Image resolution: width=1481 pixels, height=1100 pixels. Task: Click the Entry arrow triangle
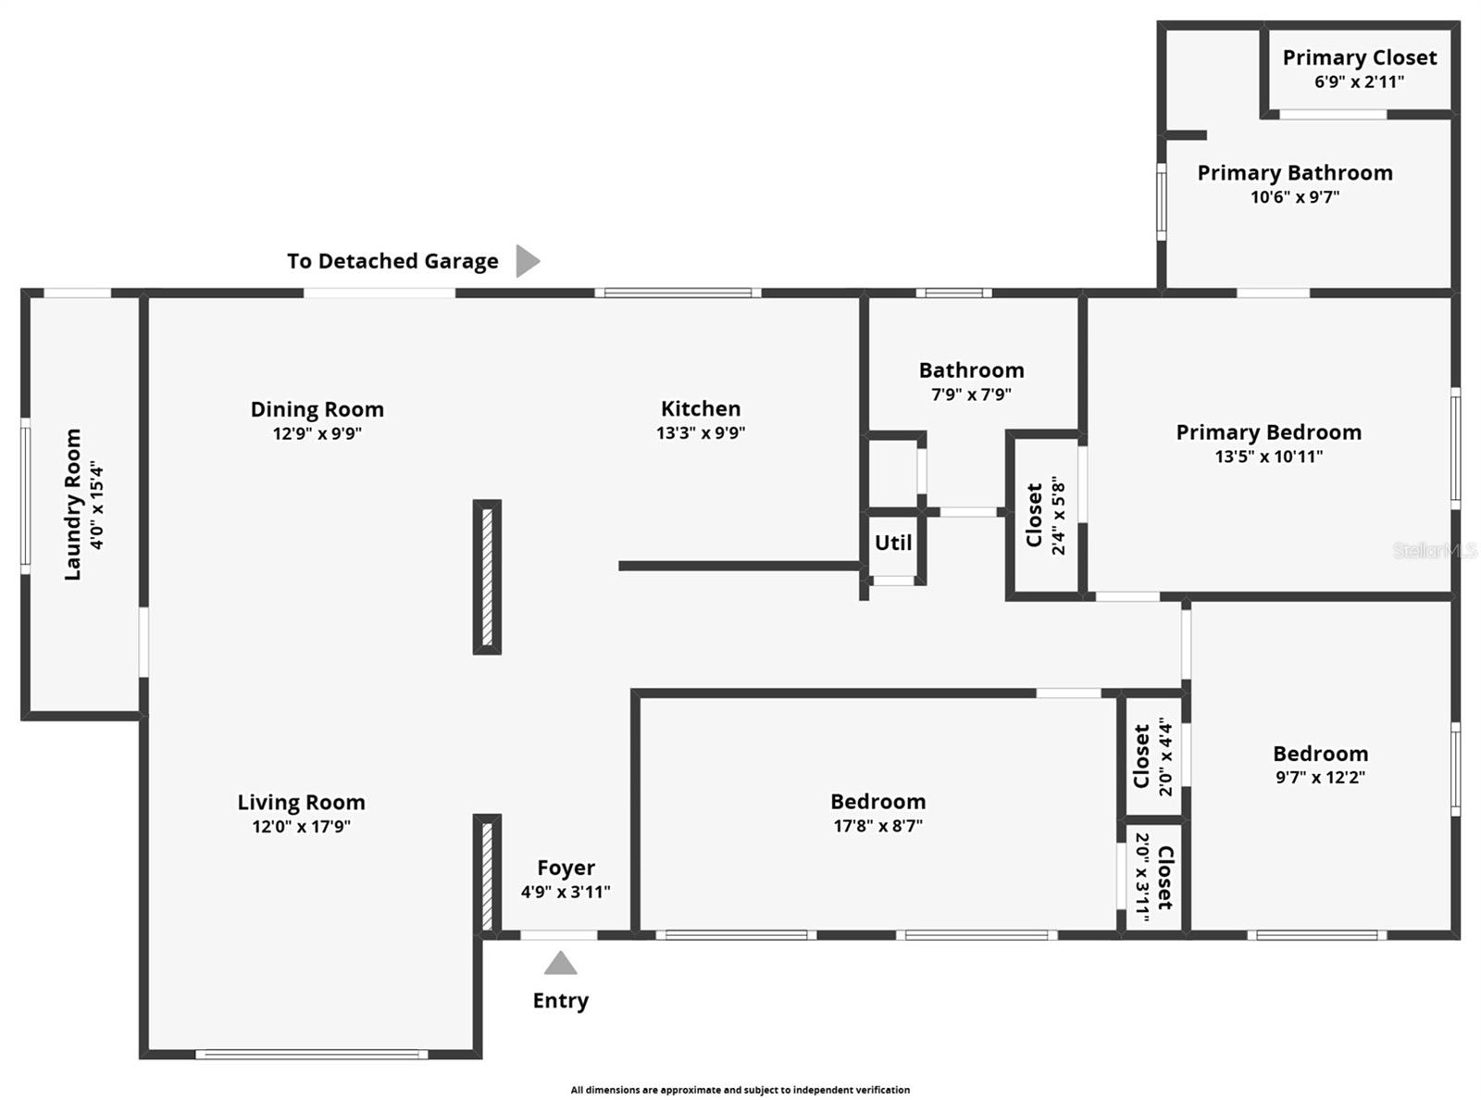[560, 965]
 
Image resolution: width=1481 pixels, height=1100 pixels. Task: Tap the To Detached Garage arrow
[526, 261]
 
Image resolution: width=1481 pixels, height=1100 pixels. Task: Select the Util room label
[893, 543]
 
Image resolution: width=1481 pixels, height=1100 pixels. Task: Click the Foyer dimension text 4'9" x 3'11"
[566, 892]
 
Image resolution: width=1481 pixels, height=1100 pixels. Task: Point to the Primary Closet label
[1359, 57]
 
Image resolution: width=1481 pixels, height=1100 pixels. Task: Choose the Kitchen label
[701, 408]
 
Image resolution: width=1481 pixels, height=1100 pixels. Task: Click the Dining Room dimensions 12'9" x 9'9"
[317, 432]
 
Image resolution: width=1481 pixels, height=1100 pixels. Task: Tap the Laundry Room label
[72, 505]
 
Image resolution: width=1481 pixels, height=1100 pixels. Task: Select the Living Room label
[301, 802]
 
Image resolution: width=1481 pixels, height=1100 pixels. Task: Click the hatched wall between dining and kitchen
[487, 577]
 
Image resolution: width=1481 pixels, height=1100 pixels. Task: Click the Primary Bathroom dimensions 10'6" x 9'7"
[1294, 196]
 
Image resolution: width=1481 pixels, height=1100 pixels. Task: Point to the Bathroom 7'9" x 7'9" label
[971, 370]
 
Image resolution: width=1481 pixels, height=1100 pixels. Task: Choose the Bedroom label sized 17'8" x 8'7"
[877, 802]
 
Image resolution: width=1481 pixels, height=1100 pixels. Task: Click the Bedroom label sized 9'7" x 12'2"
[1320, 754]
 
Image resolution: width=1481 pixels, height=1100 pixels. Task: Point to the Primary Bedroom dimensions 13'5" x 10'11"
[1268, 456]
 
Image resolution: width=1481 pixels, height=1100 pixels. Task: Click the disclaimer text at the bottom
[740, 1090]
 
